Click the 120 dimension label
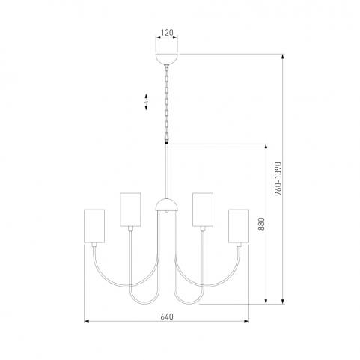(167, 33)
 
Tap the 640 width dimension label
(167, 317)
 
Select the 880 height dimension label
(261, 224)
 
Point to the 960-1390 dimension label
(278, 179)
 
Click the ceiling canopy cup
(167, 59)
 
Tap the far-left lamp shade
(94, 226)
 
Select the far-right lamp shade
(239, 226)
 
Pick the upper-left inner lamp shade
(130, 210)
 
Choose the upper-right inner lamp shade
(203, 210)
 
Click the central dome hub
(167, 204)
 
